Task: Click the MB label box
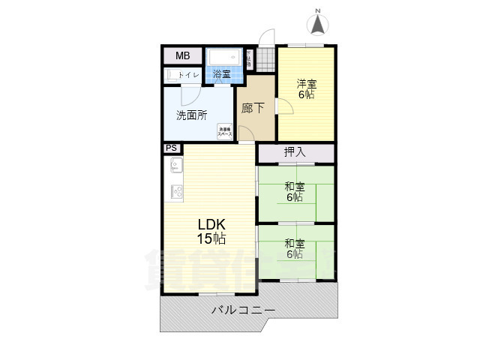coord(183,56)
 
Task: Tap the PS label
coord(171,148)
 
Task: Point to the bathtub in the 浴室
coord(224,58)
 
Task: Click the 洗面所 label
coord(191,115)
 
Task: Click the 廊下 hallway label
coord(253,108)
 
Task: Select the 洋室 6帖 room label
coord(304,89)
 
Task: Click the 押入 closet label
coord(295,152)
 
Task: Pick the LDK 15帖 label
coord(211,232)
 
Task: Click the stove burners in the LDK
coord(178,191)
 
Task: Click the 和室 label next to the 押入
coord(294,192)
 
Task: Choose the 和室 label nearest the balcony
coord(294,248)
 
